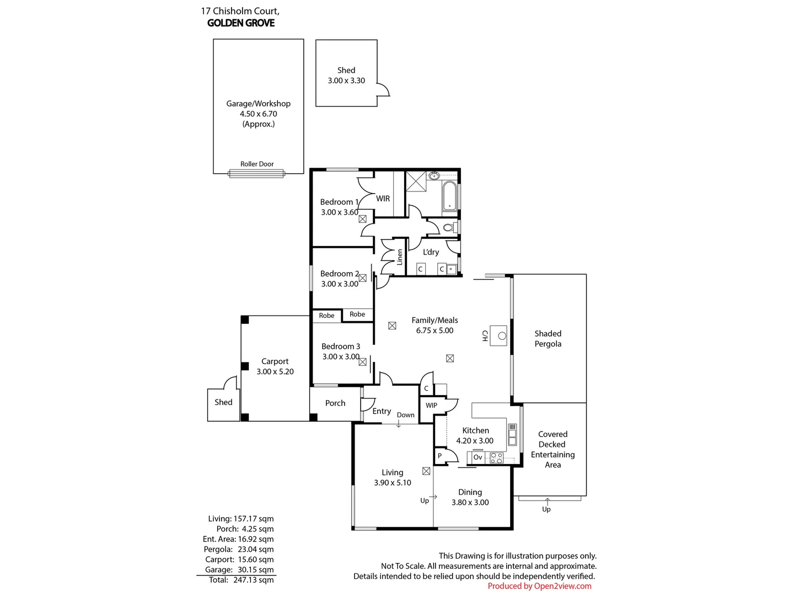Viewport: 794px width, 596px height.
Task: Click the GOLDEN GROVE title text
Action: pyautogui.click(x=241, y=23)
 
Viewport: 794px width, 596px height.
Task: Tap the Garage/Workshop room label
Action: pyautogui.click(x=258, y=104)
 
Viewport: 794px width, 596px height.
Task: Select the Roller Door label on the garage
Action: pyautogui.click(x=257, y=164)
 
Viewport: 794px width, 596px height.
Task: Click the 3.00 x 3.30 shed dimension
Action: pyautogui.click(x=346, y=81)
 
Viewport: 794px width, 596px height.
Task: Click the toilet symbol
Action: pyautogui.click(x=448, y=227)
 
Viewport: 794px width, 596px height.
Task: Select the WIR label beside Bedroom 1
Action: pyautogui.click(x=383, y=199)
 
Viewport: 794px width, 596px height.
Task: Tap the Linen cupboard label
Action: pyautogui.click(x=400, y=257)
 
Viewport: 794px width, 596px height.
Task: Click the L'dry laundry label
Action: pyautogui.click(x=431, y=252)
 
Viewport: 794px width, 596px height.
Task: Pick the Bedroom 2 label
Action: pyautogui.click(x=339, y=274)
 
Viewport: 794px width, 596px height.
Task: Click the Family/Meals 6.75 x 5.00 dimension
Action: pyautogui.click(x=434, y=331)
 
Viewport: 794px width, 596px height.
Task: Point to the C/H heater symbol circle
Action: pyautogui.click(x=502, y=336)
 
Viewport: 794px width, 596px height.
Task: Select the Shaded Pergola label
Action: pyautogui.click(x=548, y=339)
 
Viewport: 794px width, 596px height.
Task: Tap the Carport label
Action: pyautogui.click(x=275, y=361)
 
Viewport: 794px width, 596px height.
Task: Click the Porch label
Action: pyautogui.click(x=335, y=403)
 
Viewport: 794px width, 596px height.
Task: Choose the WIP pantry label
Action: pyautogui.click(x=431, y=405)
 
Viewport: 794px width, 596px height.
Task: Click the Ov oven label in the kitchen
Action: pyautogui.click(x=478, y=457)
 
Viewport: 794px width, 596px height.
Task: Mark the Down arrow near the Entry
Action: pyautogui.click(x=399, y=423)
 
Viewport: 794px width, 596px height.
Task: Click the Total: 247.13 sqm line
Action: pyautogui.click(x=241, y=580)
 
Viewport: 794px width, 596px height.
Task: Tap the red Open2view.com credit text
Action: pyautogui.click(x=539, y=586)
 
